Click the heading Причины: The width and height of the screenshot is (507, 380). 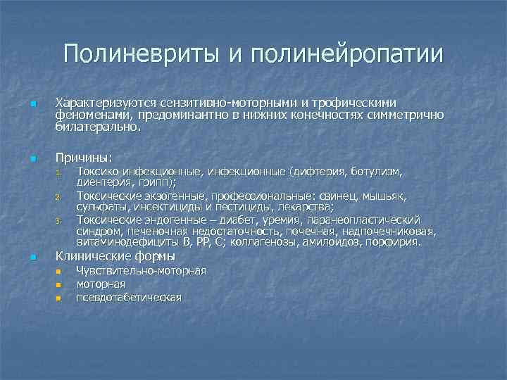pos(84,157)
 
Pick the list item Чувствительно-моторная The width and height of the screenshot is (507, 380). pos(141,271)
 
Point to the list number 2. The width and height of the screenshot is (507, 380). pos(60,198)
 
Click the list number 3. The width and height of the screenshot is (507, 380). pos(60,221)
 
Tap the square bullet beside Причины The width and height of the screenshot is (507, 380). pos(32,158)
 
